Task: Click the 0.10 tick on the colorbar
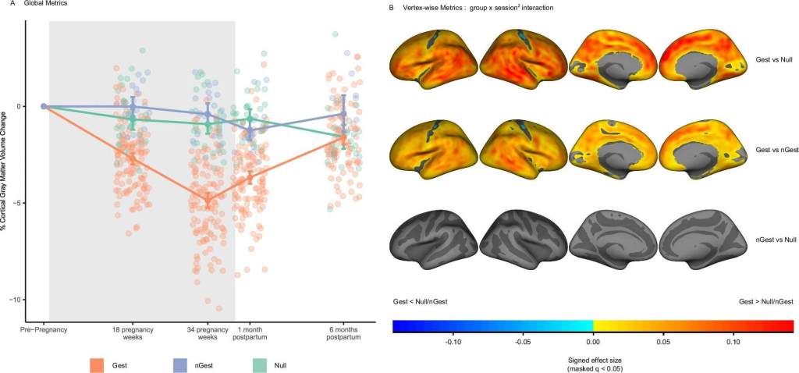[x=733, y=341]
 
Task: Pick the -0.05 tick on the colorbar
[x=523, y=341]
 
